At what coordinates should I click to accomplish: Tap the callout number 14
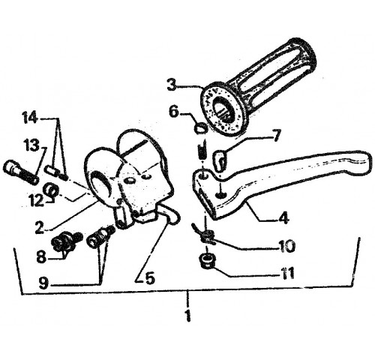[30, 118]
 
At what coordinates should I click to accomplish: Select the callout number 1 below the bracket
[187, 316]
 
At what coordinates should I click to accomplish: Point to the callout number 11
[286, 273]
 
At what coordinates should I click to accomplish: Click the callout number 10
[286, 247]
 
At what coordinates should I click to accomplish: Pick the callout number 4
[283, 217]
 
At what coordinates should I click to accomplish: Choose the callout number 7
[276, 135]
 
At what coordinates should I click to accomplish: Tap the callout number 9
[43, 283]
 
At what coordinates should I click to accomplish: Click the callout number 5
[148, 278]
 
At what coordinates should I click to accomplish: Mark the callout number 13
[31, 145]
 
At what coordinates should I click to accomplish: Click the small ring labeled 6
[201, 129]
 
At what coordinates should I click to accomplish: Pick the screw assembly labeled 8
[66, 241]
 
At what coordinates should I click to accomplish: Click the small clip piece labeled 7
[220, 160]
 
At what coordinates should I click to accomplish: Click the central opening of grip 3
[223, 110]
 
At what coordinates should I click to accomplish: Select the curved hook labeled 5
[172, 215]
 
